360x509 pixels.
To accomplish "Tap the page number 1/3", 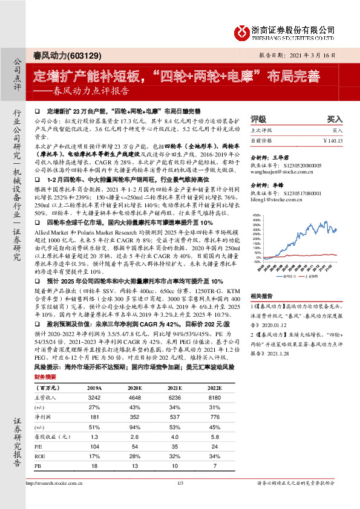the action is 180,499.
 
